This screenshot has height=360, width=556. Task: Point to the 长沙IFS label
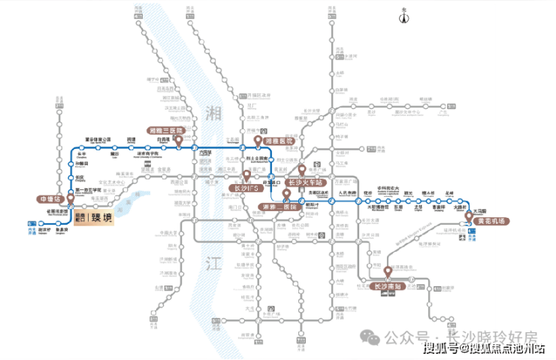247,186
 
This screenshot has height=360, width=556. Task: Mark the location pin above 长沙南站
388,271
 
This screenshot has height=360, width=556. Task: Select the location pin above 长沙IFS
245,176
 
